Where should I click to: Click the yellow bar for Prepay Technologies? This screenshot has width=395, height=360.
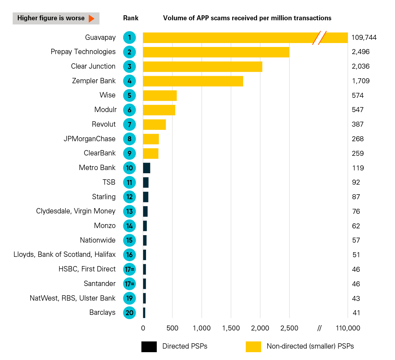(x=216, y=52)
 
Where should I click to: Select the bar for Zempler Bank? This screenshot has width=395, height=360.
(x=193, y=81)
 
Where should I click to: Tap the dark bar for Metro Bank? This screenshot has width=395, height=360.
(x=146, y=168)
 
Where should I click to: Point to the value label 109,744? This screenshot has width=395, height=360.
(x=364, y=37)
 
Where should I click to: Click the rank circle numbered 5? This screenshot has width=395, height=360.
(x=129, y=96)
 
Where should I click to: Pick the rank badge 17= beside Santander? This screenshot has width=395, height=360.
(x=129, y=284)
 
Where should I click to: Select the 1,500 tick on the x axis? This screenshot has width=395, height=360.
(x=231, y=328)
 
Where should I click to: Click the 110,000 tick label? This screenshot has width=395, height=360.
(x=348, y=328)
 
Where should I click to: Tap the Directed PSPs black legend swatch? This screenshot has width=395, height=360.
(x=149, y=346)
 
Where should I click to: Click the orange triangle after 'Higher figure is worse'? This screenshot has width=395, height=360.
(x=91, y=18)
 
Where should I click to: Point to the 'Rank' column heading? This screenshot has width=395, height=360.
(x=131, y=18)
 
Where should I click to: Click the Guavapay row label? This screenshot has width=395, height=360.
(x=100, y=37)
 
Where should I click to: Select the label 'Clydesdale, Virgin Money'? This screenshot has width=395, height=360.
(x=76, y=211)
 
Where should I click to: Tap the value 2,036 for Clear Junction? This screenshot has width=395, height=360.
(x=360, y=67)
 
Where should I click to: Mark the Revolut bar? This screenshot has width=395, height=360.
(x=154, y=125)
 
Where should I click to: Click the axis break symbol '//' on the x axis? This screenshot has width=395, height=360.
(x=319, y=328)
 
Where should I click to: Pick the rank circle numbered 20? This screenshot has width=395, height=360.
(x=129, y=313)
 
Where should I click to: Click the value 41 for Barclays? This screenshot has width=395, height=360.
(x=356, y=313)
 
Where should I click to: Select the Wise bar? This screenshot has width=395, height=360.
(x=160, y=96)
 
